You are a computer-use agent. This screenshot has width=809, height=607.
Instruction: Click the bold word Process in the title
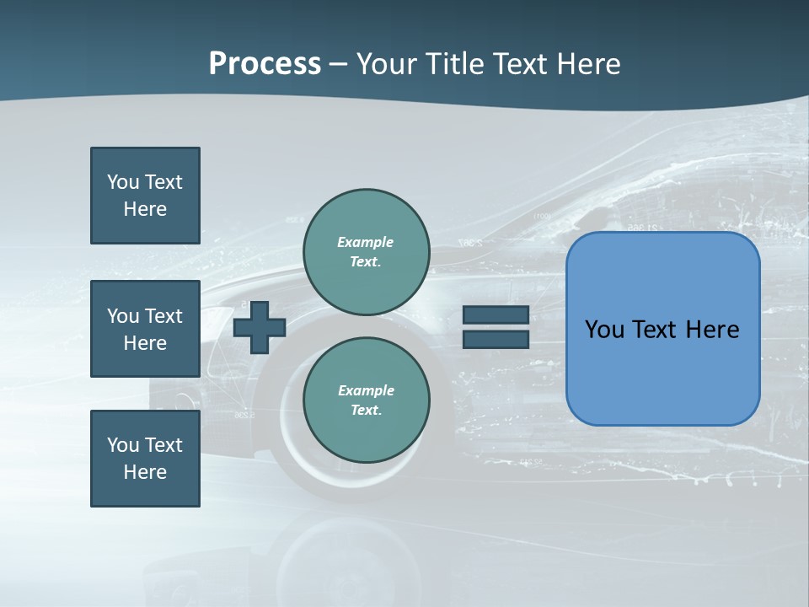[265, 63]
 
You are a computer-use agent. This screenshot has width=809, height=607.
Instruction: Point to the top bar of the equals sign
[496, 315]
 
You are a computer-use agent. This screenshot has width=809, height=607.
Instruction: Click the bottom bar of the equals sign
[496, 339]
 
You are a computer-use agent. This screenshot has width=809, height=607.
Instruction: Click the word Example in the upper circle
[365, 242]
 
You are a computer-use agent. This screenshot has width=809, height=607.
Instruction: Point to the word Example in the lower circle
[366, 390]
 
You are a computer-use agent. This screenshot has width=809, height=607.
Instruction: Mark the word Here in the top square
[145, 209]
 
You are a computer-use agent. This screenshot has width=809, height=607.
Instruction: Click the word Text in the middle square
[163, 316]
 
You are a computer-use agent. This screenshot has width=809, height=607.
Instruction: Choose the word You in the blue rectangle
[604, 329]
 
